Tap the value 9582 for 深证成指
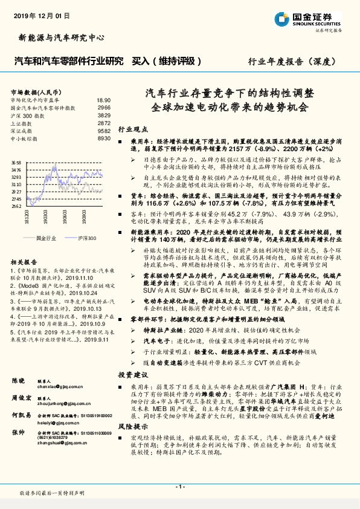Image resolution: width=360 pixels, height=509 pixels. coord(104,130)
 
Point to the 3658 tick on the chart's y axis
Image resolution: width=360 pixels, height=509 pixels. coord(16,163)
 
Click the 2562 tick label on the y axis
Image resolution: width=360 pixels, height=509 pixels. coord(16,206)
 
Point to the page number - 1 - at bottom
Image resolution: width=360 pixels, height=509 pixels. coord(179,486)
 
